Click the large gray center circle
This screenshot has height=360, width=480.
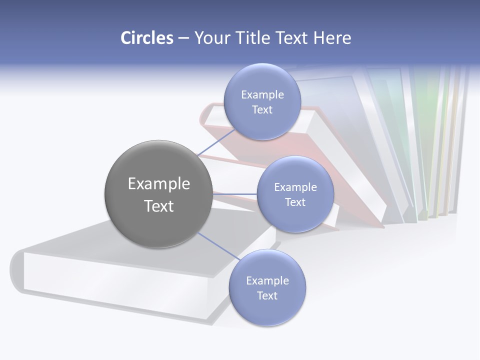pos(158,194)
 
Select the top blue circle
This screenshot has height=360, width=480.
pos(262,101)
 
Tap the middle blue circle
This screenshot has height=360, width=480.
pos(295,194)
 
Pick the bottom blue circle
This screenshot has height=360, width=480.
pos(267,287)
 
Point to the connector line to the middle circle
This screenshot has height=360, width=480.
pos(235,194)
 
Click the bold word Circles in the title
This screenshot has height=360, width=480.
pos(147,38)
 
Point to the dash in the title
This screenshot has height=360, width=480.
pos(183,38)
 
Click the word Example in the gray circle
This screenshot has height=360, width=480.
pos(158,183)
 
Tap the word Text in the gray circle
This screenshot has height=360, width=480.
pos(158,206)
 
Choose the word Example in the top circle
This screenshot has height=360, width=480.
pos(262,94)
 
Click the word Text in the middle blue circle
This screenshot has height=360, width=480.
pos(295,202)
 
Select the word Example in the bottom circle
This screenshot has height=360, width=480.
pos(267,280)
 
